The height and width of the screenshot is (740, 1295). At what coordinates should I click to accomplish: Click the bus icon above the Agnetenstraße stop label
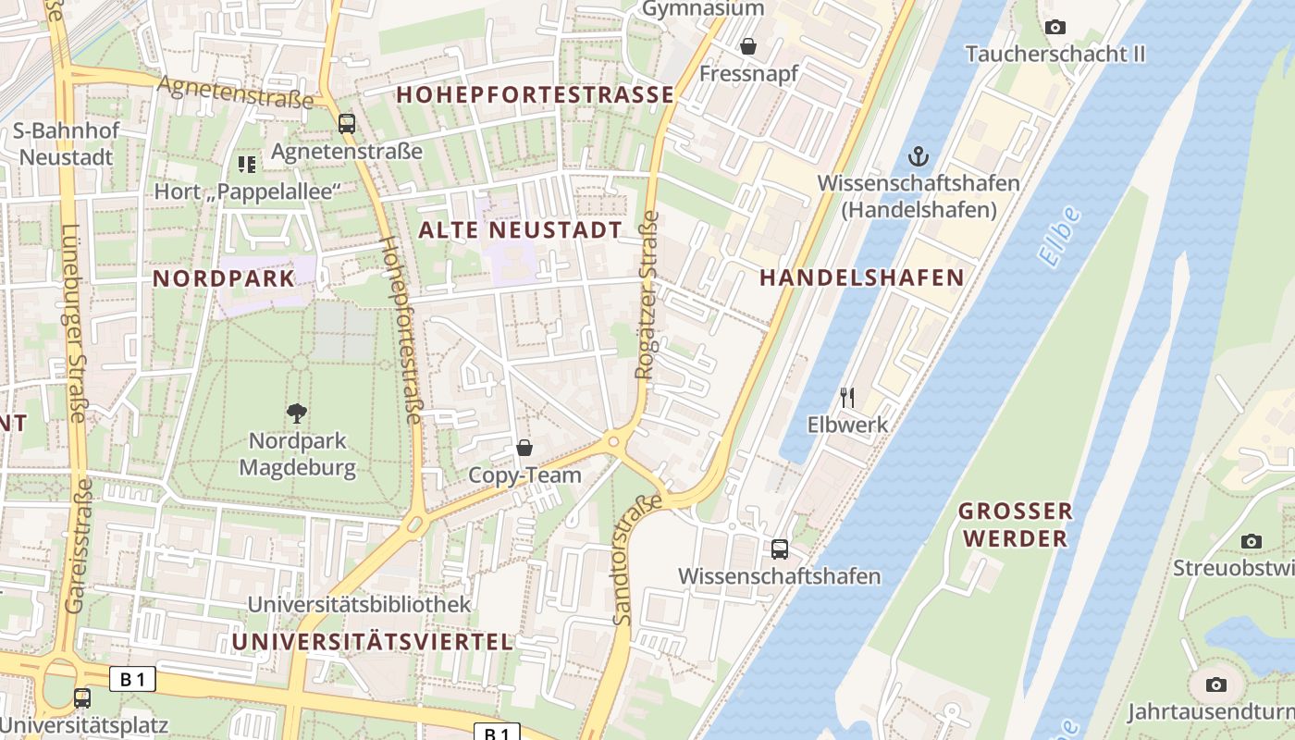(347, 123)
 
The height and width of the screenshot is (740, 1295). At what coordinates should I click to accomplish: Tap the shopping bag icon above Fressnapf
(748, 45)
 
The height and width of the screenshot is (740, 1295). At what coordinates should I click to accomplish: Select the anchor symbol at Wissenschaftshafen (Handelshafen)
(918, 154)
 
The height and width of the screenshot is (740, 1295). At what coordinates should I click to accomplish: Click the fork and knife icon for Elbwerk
(847, 398)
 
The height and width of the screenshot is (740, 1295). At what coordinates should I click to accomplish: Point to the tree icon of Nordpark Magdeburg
(297, 413)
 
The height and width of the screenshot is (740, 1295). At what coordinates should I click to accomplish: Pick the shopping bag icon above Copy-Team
(524, 449)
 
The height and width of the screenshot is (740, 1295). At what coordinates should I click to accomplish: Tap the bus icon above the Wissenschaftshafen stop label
(780, 549)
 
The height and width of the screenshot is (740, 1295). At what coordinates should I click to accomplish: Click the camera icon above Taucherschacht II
(1054, 28)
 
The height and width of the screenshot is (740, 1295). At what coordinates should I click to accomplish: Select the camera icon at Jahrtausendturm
(1216, 684)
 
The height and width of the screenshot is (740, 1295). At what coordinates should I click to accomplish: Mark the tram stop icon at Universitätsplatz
(82, 697)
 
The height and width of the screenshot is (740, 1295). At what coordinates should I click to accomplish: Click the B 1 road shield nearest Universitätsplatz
(133, 680)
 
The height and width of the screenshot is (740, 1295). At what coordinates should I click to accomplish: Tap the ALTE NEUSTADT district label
(521, 230)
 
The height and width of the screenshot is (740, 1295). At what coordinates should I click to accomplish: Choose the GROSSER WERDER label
(1015, 524)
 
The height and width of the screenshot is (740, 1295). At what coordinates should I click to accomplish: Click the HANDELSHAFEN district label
(861, 277)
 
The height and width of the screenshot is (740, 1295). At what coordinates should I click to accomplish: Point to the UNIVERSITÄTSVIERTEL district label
(372, 641)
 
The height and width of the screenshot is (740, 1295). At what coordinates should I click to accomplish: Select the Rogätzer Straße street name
(647, 294)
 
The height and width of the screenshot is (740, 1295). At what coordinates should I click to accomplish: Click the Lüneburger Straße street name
(75, 323)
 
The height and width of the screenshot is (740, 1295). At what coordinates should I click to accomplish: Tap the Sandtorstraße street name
(638, 559)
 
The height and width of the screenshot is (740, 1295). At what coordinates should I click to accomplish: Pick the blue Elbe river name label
(1060, 237)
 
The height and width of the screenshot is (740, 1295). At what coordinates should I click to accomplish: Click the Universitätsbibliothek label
(359, 604)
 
